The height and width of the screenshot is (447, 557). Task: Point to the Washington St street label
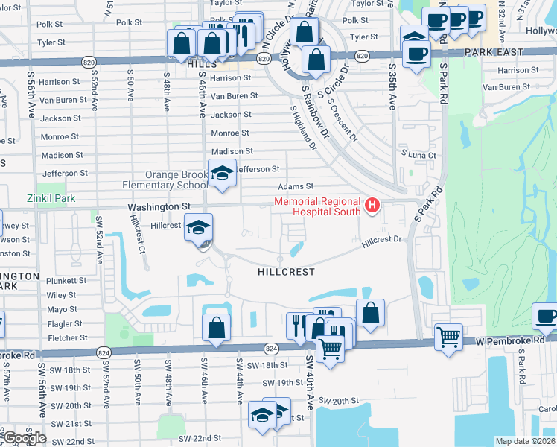[159, 206]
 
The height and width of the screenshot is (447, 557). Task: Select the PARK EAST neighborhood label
[493, 53]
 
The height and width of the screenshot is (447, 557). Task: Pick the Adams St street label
[296, 186]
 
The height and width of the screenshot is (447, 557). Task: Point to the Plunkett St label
[66, 281]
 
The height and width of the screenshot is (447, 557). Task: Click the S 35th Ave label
[392, 86]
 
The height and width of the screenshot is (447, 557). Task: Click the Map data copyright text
[525, 441]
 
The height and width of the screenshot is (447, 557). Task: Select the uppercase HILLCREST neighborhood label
[286, 272]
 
